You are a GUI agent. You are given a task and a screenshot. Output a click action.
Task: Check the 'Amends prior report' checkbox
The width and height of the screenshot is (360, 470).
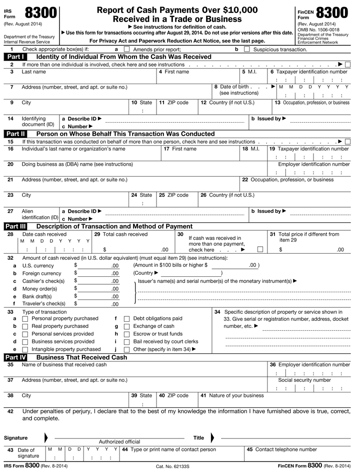coord(126,50)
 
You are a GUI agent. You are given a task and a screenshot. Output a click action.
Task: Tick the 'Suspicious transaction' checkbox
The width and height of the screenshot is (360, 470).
coord(246,50)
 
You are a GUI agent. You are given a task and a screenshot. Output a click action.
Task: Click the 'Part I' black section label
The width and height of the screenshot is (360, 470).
coord(17,57)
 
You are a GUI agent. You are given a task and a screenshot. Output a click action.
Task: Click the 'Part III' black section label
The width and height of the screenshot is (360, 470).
coord(17,226)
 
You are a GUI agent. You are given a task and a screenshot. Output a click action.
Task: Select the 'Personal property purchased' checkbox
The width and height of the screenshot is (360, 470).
coord(26,318)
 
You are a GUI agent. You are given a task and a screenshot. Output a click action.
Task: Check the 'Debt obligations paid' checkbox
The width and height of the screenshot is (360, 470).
coord(126,318)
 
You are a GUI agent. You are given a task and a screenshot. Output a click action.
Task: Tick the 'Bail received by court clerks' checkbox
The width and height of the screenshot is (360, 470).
coord(126,341)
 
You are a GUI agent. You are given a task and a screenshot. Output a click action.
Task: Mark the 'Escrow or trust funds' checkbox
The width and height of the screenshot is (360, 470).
coord(126,334)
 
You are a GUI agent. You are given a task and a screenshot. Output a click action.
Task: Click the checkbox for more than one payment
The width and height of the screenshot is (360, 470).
coord(259,249)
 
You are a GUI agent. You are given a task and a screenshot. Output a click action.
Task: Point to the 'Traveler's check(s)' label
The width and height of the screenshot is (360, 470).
coord(44,303)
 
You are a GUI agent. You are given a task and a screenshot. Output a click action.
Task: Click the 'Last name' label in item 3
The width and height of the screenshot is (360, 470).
coord(33,72)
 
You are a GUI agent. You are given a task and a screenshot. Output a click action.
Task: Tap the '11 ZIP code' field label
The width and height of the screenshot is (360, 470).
coord(173,103)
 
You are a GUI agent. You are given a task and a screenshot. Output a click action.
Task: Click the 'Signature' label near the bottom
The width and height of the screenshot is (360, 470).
coord(15,437)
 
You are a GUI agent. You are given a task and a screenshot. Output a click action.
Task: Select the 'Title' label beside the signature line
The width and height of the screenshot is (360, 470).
coord(198,437)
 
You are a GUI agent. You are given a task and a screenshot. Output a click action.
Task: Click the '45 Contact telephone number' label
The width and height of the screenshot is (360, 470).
coord(281,449)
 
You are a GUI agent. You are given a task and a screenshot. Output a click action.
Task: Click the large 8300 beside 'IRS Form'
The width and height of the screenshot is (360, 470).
coord(39,14)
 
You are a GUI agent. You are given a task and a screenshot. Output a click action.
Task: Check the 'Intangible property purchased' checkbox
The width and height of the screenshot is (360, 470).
coord(26,349)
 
